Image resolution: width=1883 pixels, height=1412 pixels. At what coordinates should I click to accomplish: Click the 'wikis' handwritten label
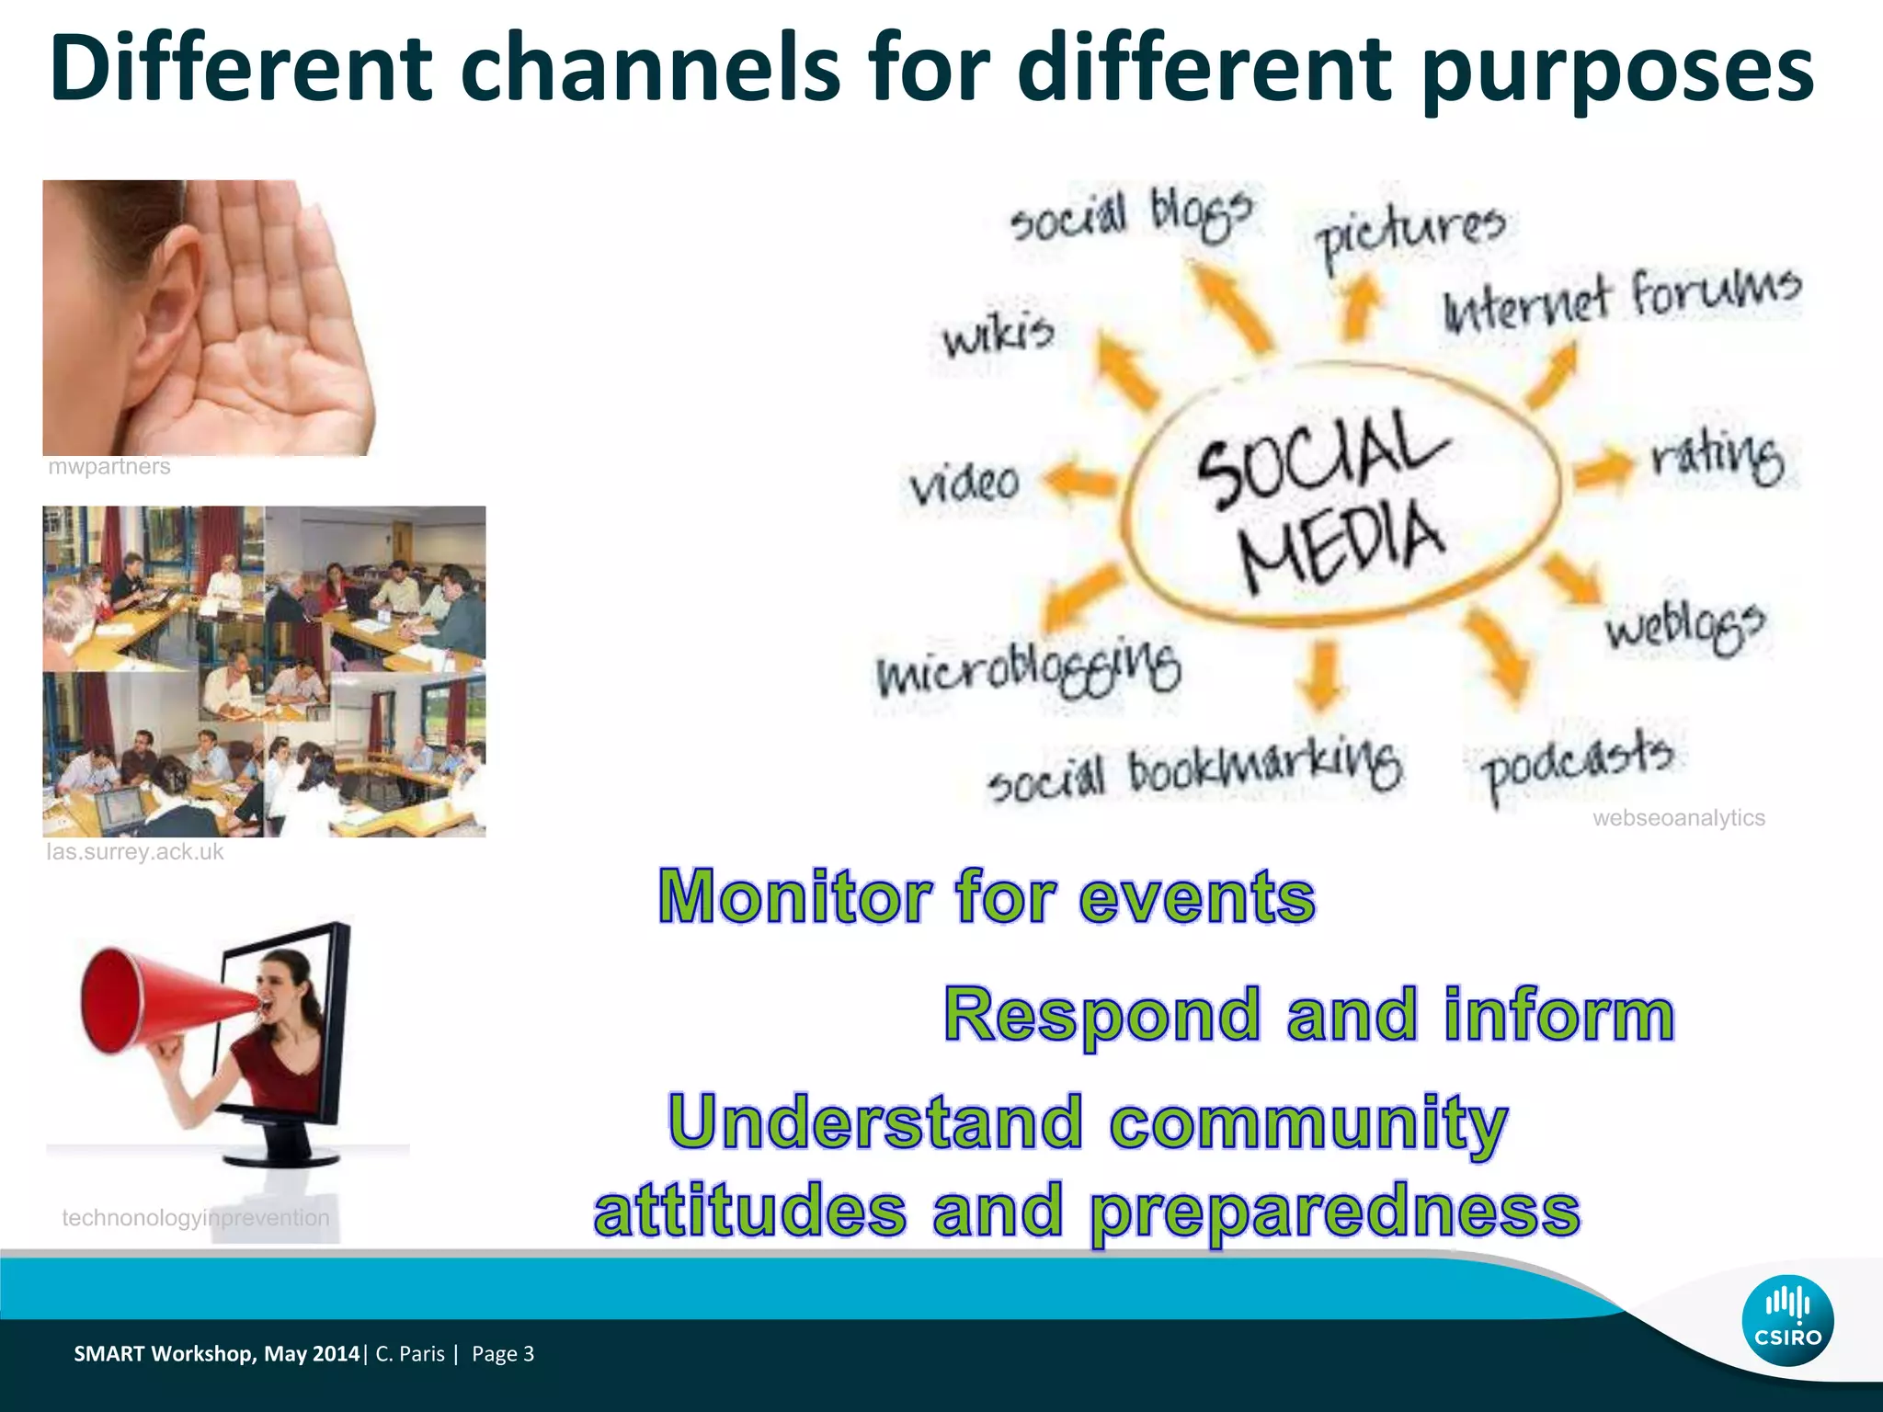point(998,335)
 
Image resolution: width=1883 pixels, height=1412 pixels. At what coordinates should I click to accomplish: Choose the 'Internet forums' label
point(1622,300)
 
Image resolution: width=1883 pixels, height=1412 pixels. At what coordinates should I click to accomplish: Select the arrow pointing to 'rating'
point(1603,466)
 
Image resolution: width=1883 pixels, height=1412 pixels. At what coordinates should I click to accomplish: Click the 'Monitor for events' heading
point(987,896)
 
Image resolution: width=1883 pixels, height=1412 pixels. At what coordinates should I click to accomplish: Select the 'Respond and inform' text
point(1309,1015)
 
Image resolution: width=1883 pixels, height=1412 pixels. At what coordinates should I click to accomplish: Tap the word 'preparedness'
point(1334,1212)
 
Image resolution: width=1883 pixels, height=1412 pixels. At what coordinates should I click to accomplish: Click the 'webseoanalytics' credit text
point(1678,817)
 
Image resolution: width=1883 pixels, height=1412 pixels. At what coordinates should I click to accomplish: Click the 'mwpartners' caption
point(108,466)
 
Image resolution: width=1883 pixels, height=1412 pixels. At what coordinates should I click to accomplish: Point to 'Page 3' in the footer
point(502,1353)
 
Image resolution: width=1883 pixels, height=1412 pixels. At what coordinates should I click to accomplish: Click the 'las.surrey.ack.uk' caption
point(134,851)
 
